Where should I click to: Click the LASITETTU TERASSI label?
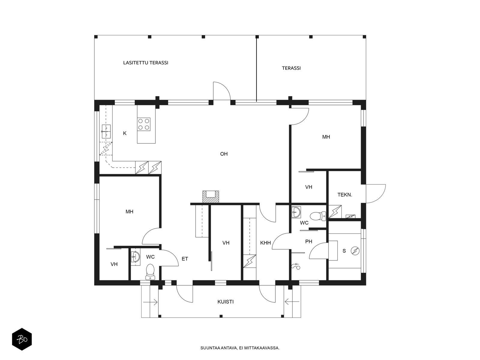145,63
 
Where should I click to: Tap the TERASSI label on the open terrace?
291,68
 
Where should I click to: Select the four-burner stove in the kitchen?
144,124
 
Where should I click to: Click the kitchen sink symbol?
106,132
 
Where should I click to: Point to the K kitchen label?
124,133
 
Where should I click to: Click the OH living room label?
224,154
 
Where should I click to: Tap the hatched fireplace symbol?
211,197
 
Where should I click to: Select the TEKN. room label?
345,195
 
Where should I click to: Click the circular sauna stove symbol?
355,251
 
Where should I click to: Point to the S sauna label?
344,251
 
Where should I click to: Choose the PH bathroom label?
309,241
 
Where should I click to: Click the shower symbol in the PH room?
296,266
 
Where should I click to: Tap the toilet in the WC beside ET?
150,272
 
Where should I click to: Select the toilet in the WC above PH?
318,216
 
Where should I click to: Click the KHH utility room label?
265,243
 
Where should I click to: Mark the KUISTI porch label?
226,302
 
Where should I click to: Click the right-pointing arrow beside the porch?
150,302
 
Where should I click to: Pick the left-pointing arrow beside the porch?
292,302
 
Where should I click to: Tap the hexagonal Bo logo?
22,339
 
